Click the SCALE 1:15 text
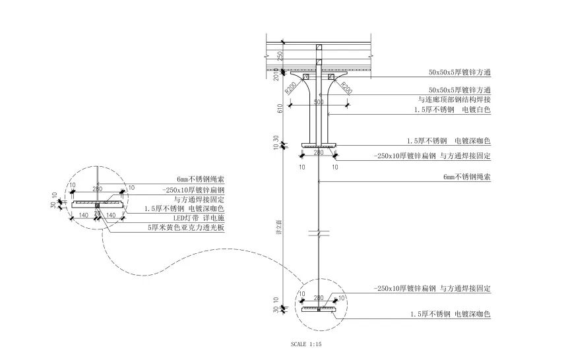305,344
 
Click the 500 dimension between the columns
319,102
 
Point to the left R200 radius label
291,87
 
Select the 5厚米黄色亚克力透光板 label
187,227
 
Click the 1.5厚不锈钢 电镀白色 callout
453,109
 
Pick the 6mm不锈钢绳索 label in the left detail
201,179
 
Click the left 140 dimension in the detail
84,216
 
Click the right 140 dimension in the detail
111,216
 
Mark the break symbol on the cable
319,233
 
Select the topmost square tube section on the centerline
319,48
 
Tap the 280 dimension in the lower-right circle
319,298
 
